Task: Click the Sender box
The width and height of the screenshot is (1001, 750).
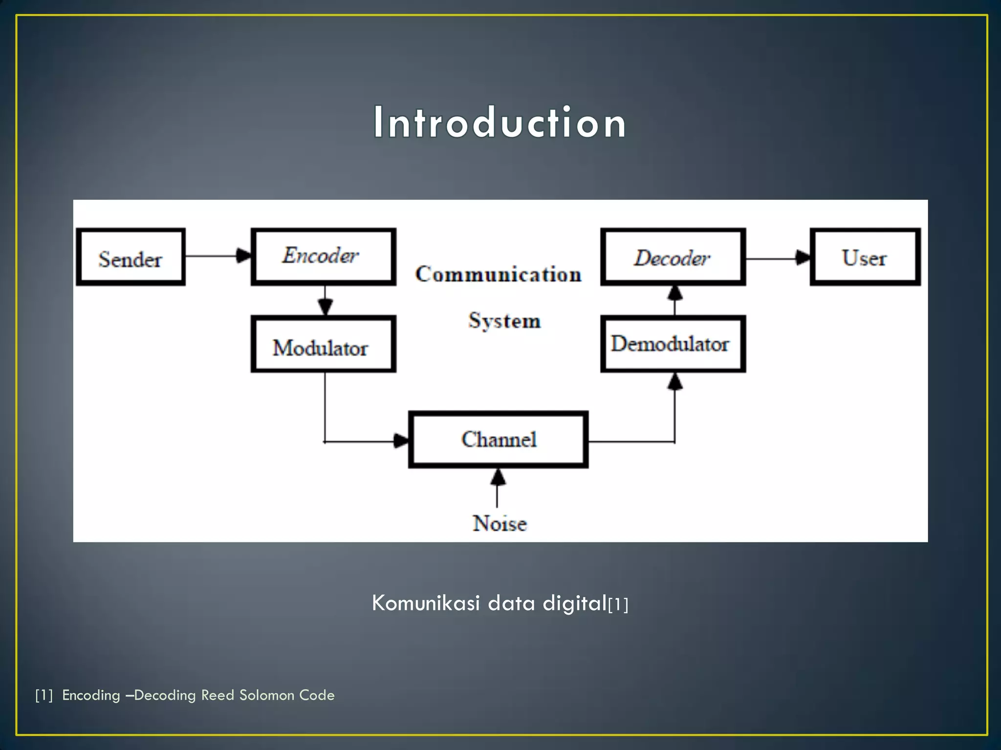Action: (x=131, y=257)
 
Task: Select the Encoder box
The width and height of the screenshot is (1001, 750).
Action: (x=323, y=257)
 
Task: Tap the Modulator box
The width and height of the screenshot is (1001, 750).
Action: (x=323, y=344)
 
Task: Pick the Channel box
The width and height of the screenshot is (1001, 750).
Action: (x=498, y=439)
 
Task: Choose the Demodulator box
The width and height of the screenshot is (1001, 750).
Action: (x=673, y=344)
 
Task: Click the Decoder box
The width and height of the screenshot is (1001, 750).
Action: (x=673, y=257)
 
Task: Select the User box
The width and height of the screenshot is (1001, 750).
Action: (x=865, y=257)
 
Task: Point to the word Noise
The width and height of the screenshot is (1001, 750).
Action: (x=500, y=523)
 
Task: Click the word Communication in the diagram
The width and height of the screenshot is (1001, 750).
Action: (x=499, y=274)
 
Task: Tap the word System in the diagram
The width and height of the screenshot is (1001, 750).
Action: (x=504, y=321)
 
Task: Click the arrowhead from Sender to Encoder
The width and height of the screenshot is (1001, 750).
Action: (x=243, y=255)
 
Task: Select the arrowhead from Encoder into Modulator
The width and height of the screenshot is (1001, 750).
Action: (x=325, y=307)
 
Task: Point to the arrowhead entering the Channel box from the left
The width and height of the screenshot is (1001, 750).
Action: (x=401, y=441)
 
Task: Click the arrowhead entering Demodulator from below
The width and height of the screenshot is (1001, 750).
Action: (x=675, y=382)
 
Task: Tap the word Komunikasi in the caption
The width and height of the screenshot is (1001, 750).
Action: (x=426, y=603)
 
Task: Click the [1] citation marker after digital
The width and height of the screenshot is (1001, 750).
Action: (x=618, y=605)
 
